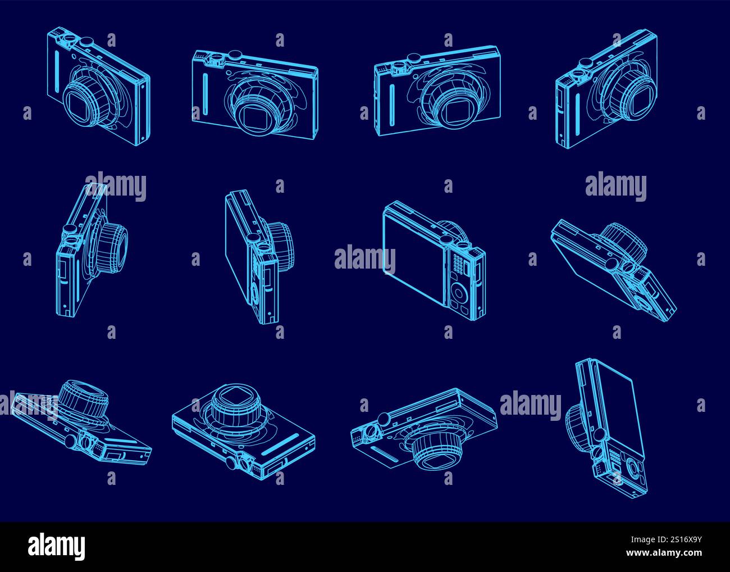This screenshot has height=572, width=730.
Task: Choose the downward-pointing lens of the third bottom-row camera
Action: click(x=437, y=451)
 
